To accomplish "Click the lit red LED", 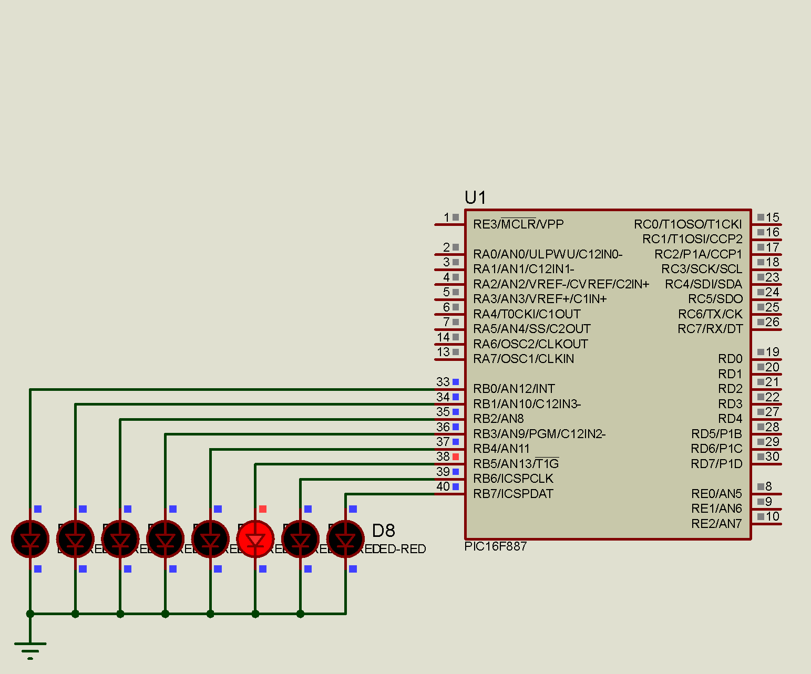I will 255,539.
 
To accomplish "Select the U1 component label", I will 475,198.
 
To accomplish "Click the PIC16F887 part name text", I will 495,546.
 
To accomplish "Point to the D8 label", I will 383,531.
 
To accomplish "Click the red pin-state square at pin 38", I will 456,457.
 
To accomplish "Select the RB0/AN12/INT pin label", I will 514,389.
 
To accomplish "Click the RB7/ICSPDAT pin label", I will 513,494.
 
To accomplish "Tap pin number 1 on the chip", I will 446,217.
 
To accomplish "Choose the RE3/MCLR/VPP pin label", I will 518,224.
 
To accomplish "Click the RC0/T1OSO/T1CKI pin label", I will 687,224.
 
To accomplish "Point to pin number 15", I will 772,217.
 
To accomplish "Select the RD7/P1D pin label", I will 716,464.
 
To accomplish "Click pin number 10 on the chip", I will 772,516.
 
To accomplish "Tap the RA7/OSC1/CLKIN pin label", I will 523,359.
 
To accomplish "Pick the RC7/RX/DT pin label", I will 710,329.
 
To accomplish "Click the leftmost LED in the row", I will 30,539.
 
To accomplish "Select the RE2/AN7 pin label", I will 716,524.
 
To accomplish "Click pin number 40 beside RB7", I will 443,486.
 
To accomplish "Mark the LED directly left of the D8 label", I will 345,539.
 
